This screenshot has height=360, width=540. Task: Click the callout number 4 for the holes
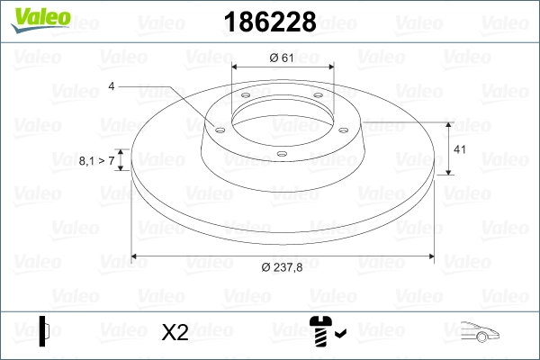pyautogui.click(x=112, y=86)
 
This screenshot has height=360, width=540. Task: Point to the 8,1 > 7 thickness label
pyautogui.click(x=96, y=160)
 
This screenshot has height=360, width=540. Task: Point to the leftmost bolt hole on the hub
pyautogui.click(x=218, y=129)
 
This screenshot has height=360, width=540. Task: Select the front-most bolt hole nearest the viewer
pyautogui.click(x=281, y=154)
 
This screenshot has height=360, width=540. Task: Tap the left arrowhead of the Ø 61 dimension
pyautogui.click(x=236, y=67)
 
